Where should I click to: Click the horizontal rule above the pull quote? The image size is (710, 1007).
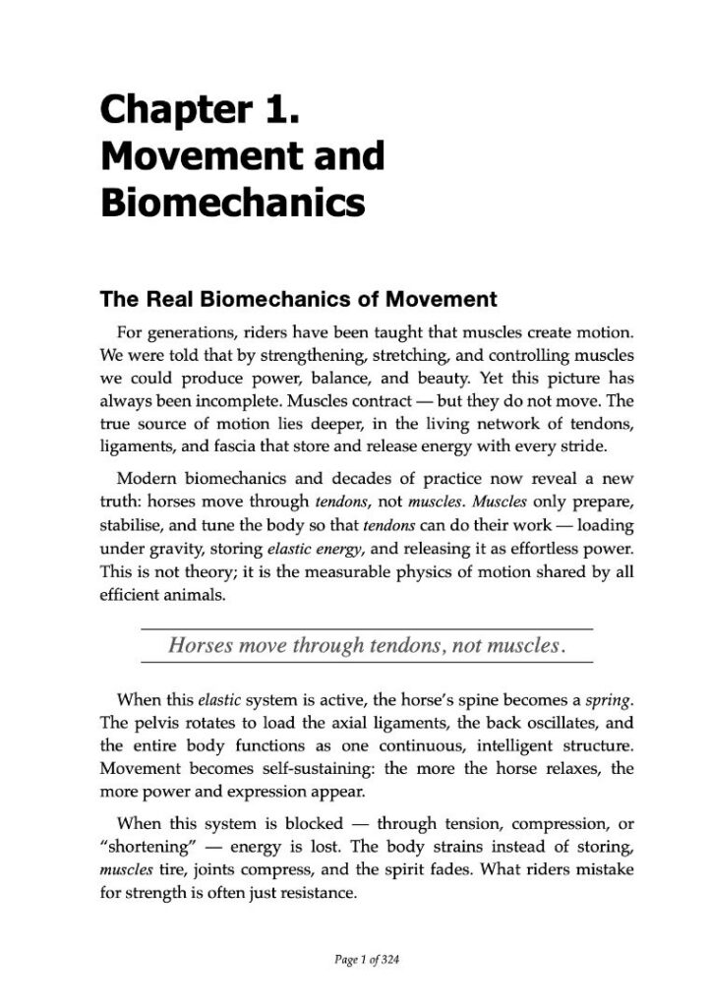(367, 627)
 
